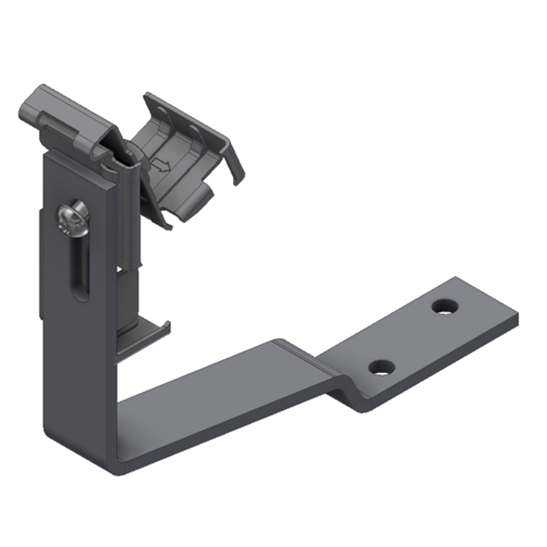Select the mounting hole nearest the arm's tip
[443, 305]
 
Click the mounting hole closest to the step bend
[381, 367]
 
